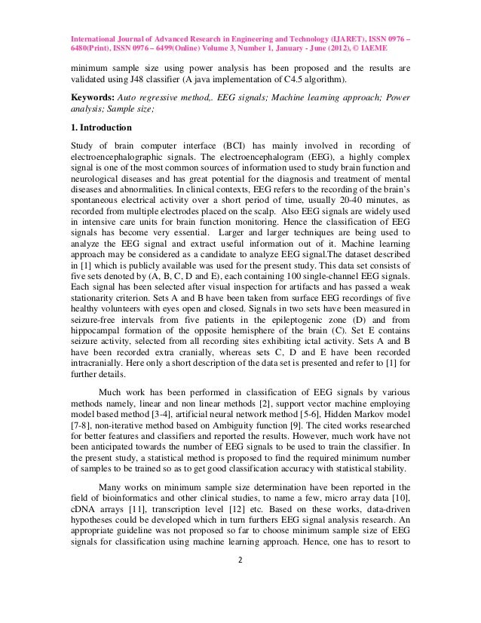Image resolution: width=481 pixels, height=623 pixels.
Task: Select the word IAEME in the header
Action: point(396,45)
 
